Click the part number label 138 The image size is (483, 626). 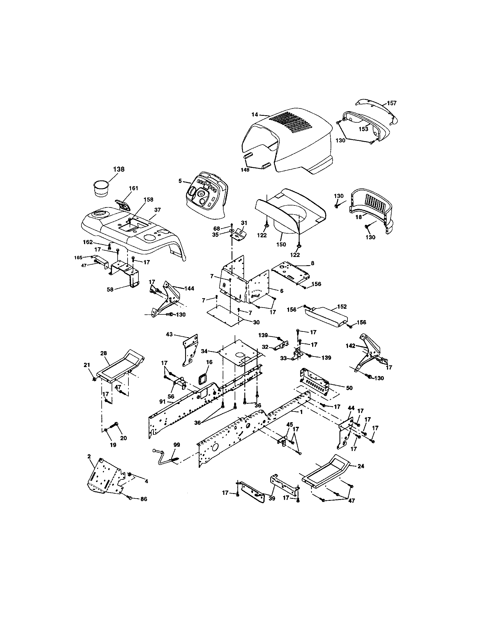(x=119, y=169)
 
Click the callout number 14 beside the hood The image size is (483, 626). (x=255, y=115)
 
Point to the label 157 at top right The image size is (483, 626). (x=392, y=103)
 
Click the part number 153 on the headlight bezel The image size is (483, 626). (x=363, y=129)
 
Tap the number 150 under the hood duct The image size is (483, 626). (x=281, y=244)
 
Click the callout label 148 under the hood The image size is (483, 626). (x=245, y=170)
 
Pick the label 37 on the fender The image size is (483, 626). (x=157, y=210)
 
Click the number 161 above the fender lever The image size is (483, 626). (x=133, y=188)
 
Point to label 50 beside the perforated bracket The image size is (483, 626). (x=349, y=388)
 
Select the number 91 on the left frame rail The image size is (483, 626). (x=163, y=401)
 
